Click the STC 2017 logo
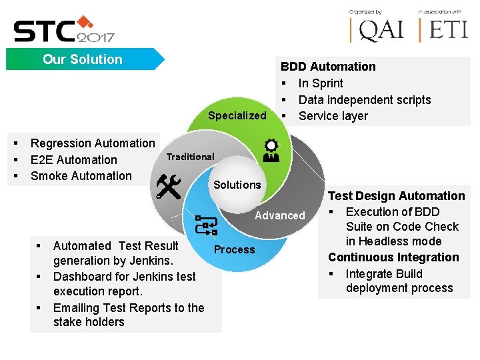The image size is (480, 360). pos(63,29)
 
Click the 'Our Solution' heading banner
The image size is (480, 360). pos(83,59)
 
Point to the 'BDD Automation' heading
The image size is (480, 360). pos(328,67)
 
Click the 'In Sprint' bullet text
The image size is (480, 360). pos(321,83)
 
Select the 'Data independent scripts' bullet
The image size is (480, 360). pos(364,100)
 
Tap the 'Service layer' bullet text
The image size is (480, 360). pos(333,116)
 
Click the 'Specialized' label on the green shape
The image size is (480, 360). pos(237,115)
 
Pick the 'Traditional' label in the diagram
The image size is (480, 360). pos(190,157)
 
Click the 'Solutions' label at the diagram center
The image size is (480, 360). pos(237,185)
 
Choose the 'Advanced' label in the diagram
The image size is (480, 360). pos(279,215)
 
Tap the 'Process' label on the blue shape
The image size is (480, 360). pos(234,249)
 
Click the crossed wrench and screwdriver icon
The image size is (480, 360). pos(168,187)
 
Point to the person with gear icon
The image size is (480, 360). pos(271,151)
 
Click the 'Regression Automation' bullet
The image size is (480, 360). pos(93,143)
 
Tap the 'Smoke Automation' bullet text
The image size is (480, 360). pos(81,176)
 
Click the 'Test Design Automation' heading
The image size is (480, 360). pos(396,196)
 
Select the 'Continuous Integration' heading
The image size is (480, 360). pos(393,257)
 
